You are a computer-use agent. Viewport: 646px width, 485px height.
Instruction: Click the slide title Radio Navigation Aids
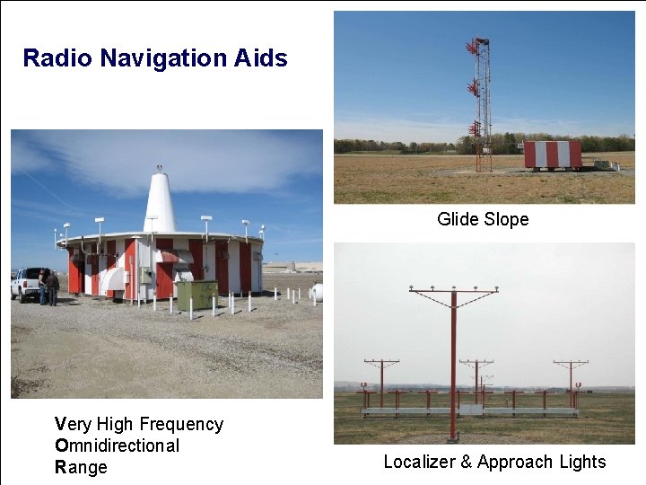click(155, 58)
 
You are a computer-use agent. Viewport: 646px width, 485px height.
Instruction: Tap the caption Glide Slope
click(483, 219)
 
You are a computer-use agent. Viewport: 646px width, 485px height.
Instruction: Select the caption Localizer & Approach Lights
click(494, 463)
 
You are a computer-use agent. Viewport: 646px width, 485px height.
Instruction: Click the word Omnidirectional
click(118, 445)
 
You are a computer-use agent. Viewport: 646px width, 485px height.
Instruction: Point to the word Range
click(81, 467)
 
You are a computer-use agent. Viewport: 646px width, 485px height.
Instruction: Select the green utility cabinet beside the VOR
click(196, 295)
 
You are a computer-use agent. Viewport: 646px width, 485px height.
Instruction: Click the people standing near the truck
click(48, 287)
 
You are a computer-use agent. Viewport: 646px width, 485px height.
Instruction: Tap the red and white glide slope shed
click(553, 154)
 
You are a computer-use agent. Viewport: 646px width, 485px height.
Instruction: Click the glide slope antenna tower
click(482, 103)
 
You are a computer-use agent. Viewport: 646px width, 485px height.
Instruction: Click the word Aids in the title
click(262, 58)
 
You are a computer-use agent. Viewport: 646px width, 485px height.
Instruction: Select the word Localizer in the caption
click(420, 463)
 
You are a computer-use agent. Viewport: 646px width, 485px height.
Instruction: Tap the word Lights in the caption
click(581, 463)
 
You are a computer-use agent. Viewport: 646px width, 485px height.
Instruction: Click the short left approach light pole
click(381, 381)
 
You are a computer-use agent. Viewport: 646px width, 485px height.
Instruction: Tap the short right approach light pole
click(571, 381)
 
